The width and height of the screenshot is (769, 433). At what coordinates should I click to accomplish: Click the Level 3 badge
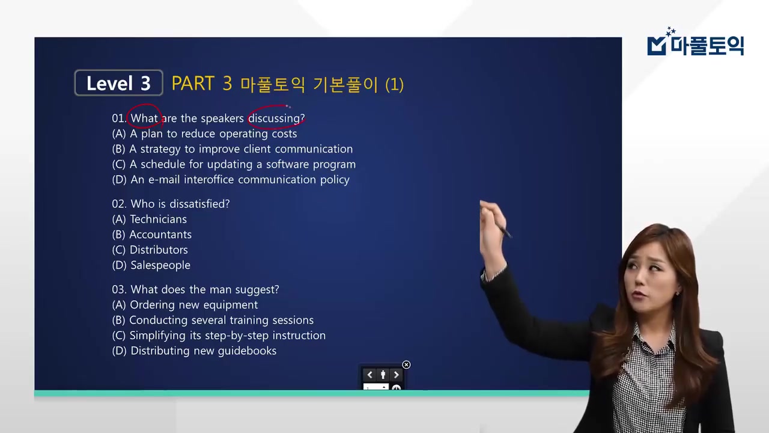point(118,83)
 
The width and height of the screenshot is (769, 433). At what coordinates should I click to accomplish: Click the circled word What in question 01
point(144,118)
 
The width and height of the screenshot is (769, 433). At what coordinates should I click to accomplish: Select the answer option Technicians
point(158,220)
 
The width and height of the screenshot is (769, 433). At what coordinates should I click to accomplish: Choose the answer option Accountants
point(160,235)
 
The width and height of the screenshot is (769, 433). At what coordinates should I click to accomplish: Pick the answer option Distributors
point(159,250)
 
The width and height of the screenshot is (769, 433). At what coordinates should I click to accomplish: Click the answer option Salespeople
point(160,265)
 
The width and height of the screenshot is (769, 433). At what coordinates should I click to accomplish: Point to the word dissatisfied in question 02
point(197,204)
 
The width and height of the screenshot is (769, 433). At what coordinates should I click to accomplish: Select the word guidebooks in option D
point(248,351)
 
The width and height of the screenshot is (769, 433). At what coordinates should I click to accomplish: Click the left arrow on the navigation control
point(369,375)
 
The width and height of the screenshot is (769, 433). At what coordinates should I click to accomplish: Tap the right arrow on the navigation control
point(397,375)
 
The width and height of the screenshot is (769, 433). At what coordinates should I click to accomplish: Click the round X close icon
point(406,364)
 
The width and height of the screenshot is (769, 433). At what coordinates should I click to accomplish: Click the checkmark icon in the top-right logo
point(657,46)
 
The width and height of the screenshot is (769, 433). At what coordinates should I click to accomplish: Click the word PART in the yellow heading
point(193,84)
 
